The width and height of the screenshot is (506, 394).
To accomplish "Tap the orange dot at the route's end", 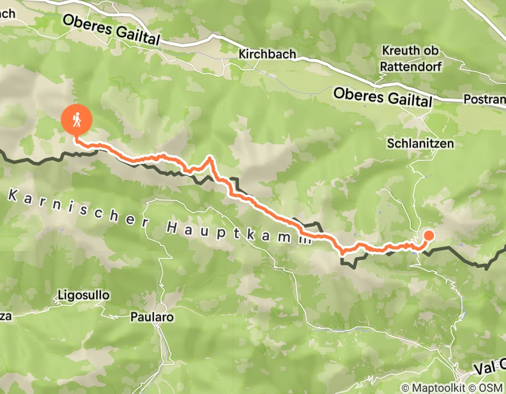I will click(428, 236).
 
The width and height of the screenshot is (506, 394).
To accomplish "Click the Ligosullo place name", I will click(84, 295).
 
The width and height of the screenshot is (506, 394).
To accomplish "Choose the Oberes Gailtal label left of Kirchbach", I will click(112, 30).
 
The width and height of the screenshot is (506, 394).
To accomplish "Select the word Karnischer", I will click(79, 208).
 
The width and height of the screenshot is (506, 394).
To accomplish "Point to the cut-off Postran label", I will click(484, 99).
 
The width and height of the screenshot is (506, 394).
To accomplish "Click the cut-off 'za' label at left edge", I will click(6, 317).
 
